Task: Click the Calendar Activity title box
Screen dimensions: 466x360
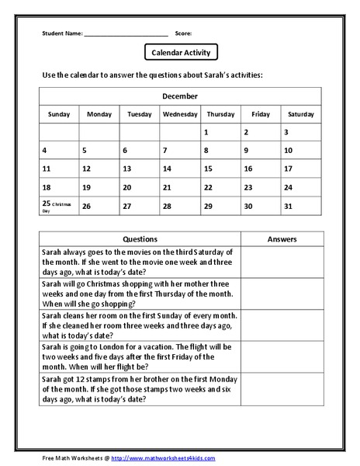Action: tap(181, 52)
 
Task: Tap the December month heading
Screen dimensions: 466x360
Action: tap(180, 96)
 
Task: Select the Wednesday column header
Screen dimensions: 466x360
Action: tap(180, 114)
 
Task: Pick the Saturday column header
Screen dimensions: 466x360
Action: tap(300, 114)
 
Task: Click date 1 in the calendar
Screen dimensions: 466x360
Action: tap(206, 133)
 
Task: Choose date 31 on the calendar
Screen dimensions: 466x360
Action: tap(288, 206)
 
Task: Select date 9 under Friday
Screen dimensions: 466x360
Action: tap(247, 151)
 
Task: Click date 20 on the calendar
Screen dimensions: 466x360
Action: tap(126, 187)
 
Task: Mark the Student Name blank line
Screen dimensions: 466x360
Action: tap(126, 33)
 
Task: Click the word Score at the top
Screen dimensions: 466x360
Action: tap(184, 33)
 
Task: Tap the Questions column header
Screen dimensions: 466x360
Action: tap(140, 239)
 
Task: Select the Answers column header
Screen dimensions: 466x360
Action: tap(281, 239)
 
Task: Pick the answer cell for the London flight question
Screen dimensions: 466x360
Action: tap(281, 356)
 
